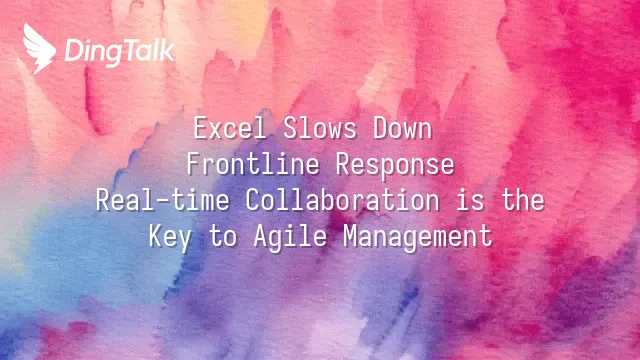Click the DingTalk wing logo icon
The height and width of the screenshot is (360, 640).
point(39,49)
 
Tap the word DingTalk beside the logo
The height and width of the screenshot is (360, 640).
point(120,52)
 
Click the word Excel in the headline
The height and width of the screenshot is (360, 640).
point(230,128)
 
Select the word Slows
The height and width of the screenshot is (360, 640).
point(320,128)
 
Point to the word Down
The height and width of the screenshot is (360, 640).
point(402,128)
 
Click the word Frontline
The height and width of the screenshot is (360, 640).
point(253,164)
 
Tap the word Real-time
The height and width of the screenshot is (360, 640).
point(162,200)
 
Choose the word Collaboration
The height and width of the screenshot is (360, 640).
point(342,200)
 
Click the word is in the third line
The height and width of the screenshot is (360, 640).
point(469,200)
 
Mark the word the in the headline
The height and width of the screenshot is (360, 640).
point(522,200)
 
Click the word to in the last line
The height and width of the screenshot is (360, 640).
point(223,237)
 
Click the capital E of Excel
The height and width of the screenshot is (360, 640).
point(201,128)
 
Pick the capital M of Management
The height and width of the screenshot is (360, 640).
point(351,236)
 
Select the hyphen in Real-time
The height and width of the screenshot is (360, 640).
point(162,201)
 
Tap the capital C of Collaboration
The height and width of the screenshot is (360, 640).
point(253,200)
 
